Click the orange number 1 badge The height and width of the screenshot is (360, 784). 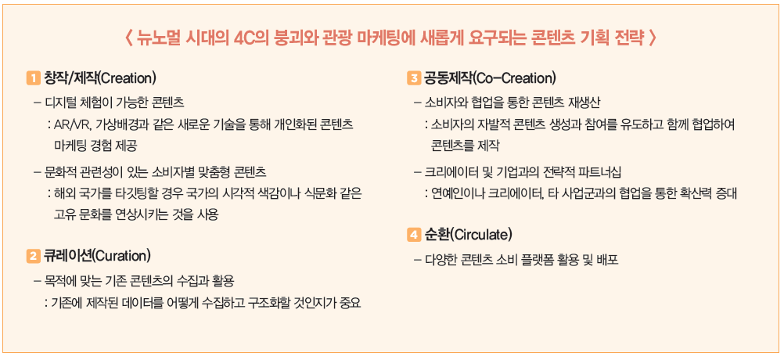33,78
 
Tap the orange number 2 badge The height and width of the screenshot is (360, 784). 33,257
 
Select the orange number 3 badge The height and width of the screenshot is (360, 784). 415,78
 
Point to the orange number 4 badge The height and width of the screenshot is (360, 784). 415,235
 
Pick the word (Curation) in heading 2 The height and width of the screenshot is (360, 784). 122,257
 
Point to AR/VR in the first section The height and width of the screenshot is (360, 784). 69,125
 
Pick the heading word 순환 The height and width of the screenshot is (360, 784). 437,235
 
